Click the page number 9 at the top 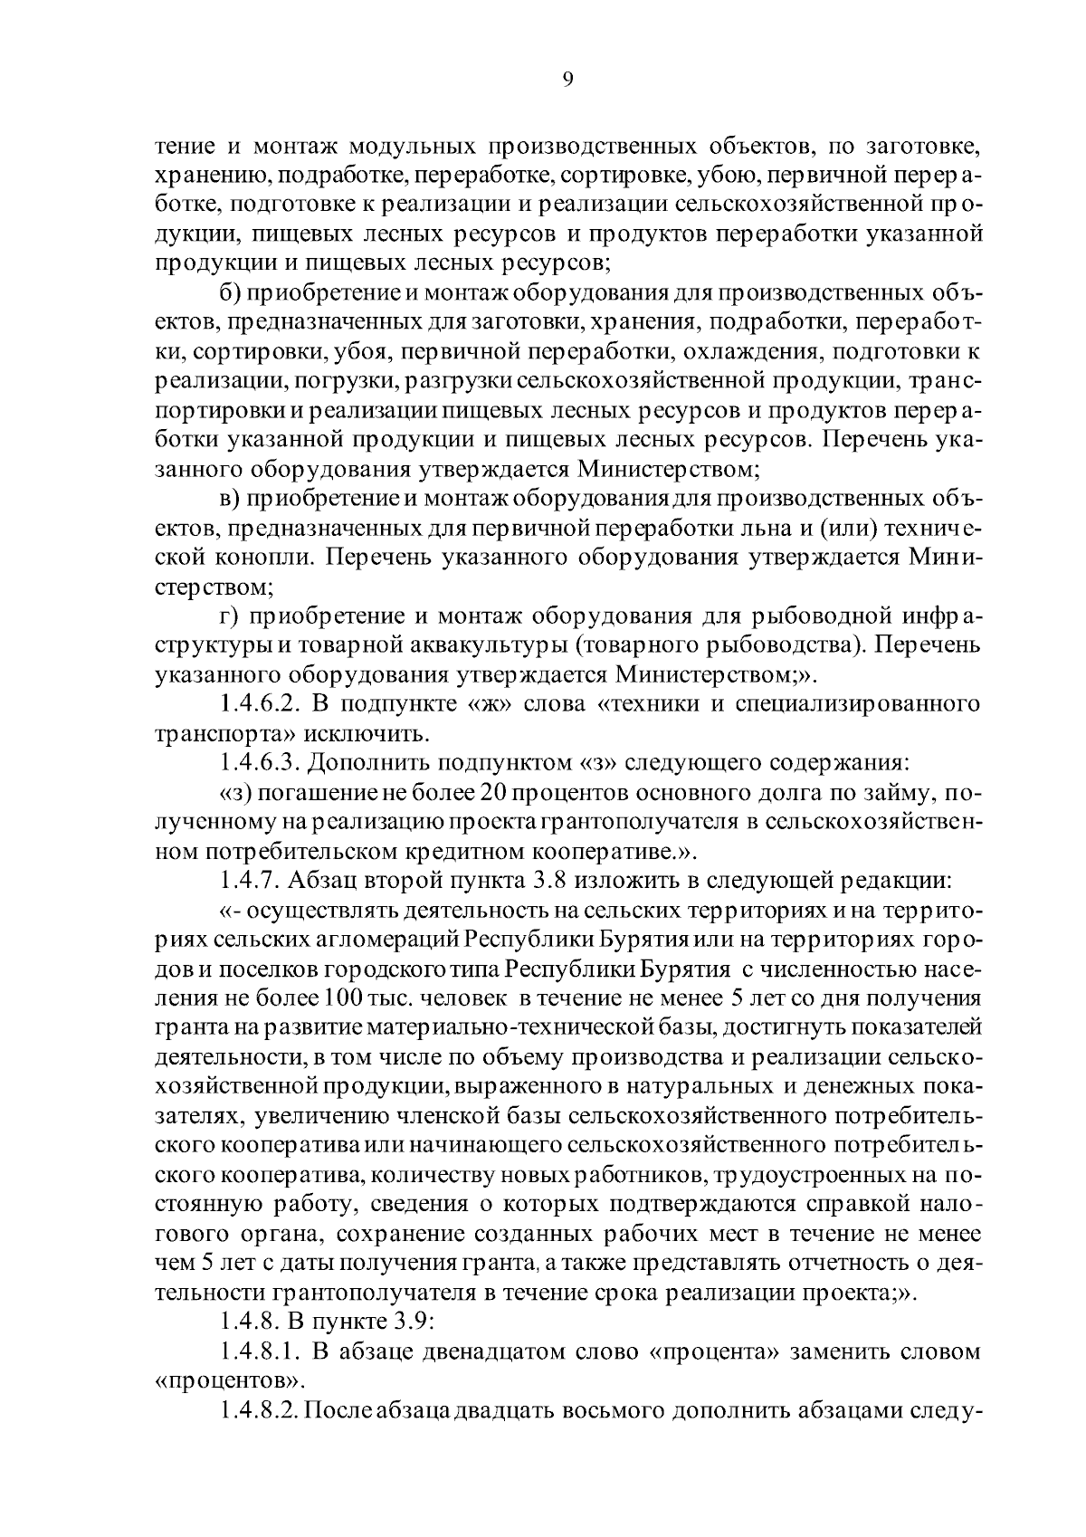[567, 80]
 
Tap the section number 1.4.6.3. [259, 762]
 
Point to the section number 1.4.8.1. [259, 1352]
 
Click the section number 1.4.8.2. [259, 1411]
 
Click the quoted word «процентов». [227, 1382]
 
